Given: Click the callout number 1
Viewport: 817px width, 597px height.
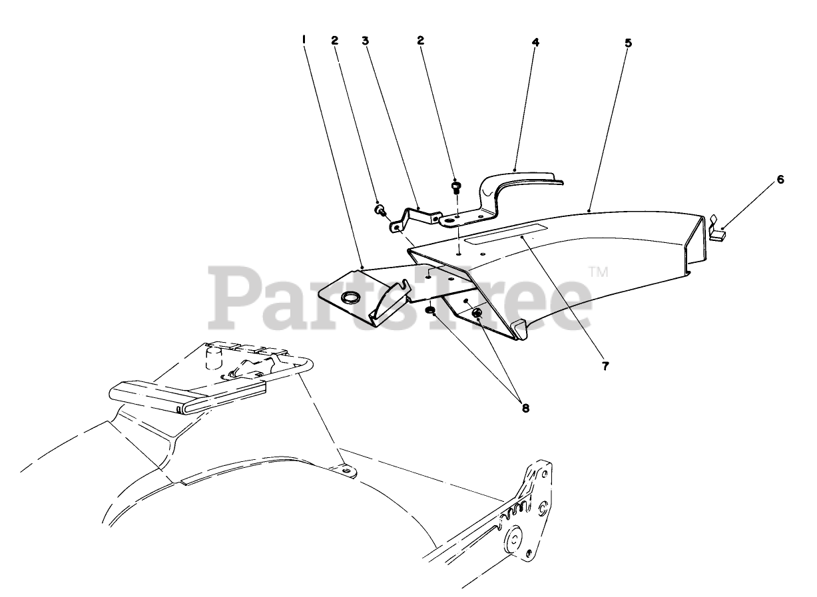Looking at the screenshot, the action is coord(304,40).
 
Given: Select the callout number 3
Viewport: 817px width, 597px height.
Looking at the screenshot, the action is coord(365,40).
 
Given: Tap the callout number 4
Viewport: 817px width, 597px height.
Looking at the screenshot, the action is coord(535,42).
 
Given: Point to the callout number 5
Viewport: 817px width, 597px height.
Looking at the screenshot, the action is coord(629,43).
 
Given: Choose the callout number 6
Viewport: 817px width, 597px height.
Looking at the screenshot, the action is coord(780,179).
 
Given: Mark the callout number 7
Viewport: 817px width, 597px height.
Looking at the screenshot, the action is coord(605,365).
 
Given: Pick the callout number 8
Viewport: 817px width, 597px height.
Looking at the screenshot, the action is coord(525,408).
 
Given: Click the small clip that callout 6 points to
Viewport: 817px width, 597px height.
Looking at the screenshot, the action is coord(716,229).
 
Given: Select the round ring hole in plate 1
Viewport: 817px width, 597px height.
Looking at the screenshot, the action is coord(350,298).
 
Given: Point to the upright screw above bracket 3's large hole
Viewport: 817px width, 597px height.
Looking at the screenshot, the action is coord(456,186).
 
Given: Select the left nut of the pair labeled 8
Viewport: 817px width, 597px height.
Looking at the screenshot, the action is coord(432,309).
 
